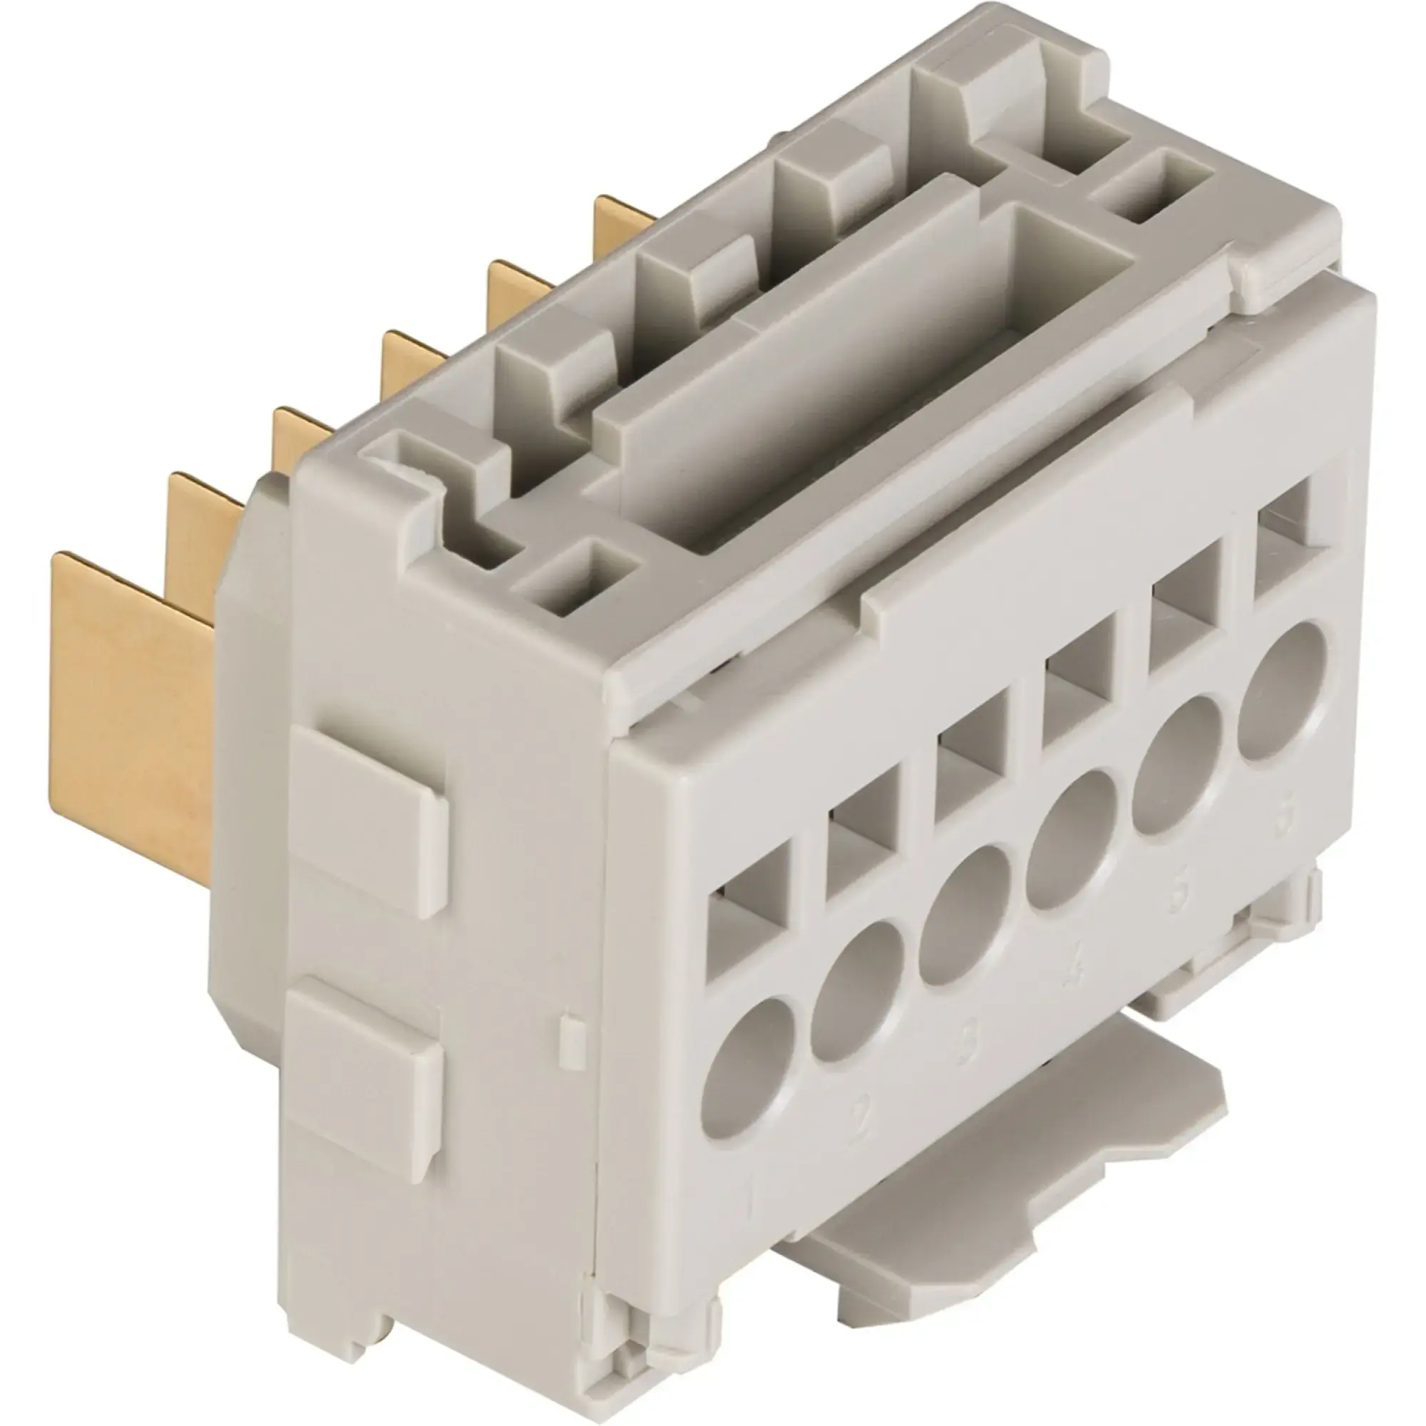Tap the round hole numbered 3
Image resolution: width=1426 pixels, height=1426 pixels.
(965, 915)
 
